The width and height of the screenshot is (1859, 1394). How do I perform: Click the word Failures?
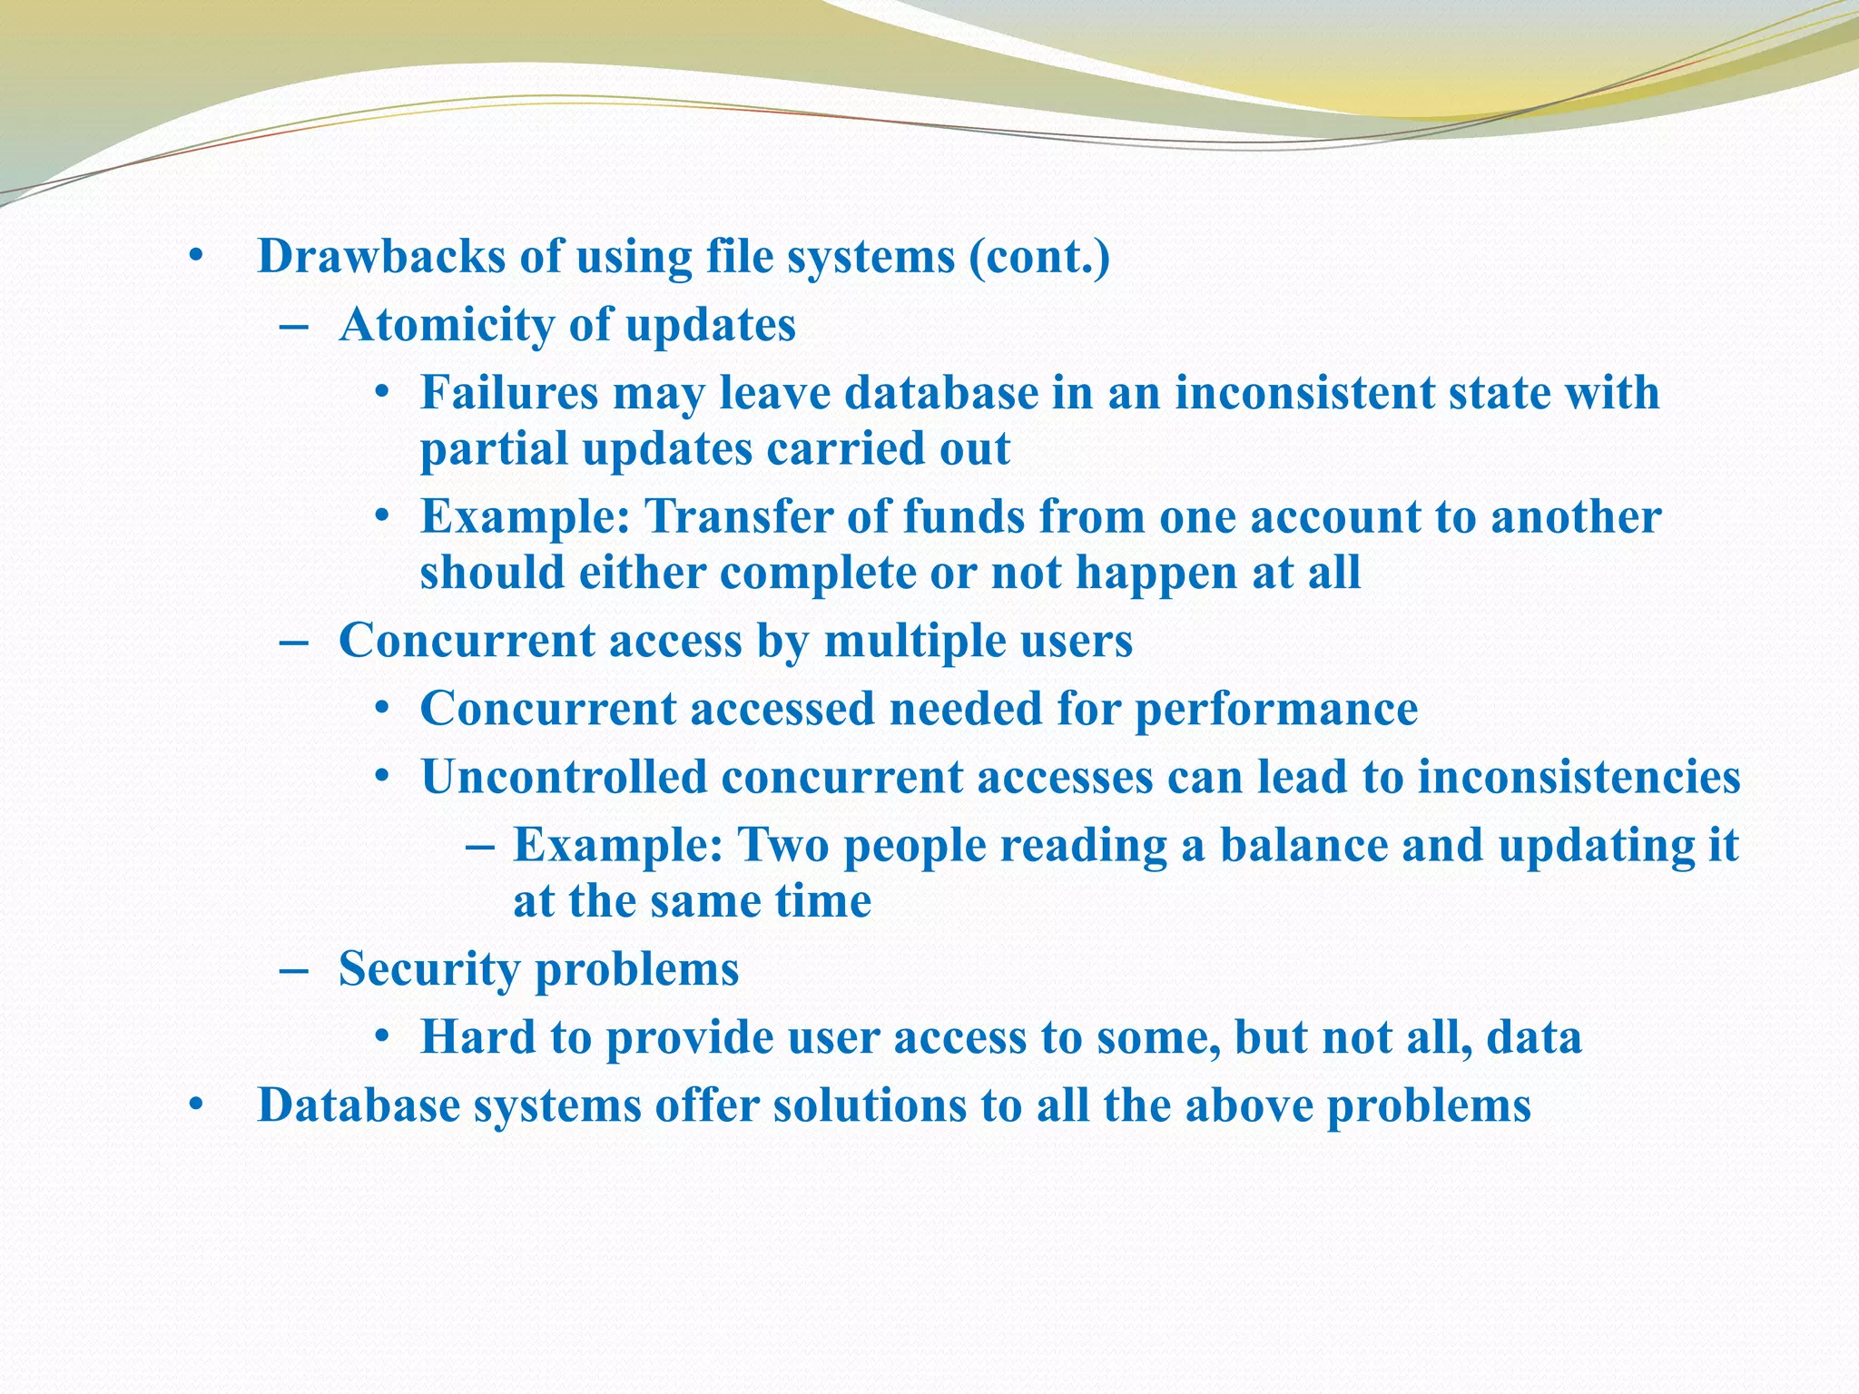click(x=509, y=393)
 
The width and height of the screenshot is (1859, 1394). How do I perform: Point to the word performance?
click(x=1276, y=709)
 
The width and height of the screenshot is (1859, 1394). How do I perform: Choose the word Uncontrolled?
click(x=564, y=777)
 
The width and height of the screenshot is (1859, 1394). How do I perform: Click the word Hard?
click(x=478, y=1036)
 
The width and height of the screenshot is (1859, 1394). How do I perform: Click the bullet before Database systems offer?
click(x=194, y=1106)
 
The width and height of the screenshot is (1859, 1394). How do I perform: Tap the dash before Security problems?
click(x=294, y=970)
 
